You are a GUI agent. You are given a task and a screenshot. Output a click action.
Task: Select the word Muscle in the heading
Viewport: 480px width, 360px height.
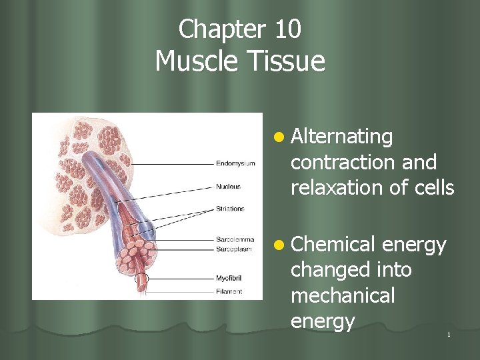[194, 61]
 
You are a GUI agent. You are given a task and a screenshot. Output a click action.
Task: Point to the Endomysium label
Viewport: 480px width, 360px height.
[235, 163]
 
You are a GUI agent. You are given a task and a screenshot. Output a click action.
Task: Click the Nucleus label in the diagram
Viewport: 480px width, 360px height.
[229, 187]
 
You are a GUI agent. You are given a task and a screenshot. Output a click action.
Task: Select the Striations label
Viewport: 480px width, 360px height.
[231, 209]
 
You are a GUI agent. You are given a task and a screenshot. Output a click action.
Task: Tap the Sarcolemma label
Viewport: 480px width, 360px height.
[233, 239]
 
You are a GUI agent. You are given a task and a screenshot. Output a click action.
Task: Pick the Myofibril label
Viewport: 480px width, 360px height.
[229, 277]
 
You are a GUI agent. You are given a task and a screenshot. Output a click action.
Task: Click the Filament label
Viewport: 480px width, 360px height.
[229, 291]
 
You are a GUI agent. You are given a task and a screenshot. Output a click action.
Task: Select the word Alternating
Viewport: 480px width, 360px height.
[342, 137]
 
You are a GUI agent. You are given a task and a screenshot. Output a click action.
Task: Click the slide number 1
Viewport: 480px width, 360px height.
[449, 334]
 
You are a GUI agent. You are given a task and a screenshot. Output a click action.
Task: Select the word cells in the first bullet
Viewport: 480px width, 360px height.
[433, 188]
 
